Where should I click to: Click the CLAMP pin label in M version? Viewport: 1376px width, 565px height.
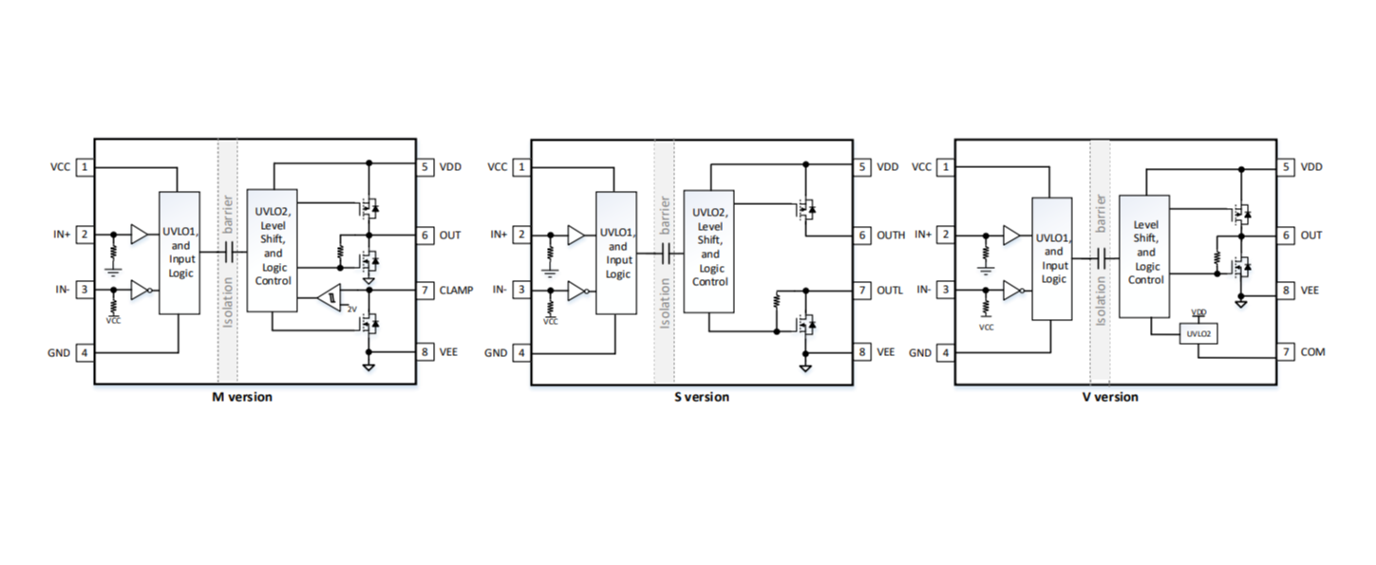(456, 290)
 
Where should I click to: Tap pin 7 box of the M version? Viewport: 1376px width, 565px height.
(425, 290)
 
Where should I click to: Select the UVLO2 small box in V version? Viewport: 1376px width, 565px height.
(1198, 334)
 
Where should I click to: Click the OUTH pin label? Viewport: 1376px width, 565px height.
(891, 235)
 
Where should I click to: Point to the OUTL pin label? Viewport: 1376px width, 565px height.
(890, 290)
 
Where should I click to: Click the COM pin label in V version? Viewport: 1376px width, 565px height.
(1312, 352)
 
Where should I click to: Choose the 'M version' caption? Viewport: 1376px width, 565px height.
(241, 397)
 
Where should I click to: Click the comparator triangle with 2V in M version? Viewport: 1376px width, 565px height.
(331, 298)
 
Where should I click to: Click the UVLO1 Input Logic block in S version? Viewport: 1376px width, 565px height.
(615, 253)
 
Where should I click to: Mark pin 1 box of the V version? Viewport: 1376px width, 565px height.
(946, 167)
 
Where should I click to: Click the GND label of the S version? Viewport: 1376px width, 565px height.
(496, 352)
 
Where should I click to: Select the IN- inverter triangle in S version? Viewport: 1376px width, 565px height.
(576, 291)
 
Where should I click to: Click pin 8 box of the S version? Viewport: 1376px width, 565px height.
(862, 352)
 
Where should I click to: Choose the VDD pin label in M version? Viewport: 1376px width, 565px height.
(450, 167)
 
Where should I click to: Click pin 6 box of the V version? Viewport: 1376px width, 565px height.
(1287, 235)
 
